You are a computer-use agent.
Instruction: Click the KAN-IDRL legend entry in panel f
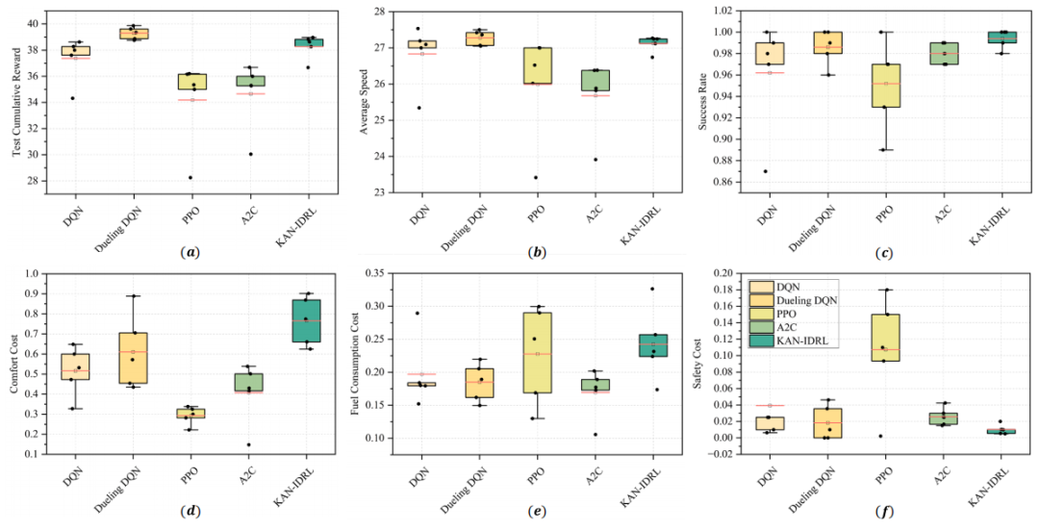793,341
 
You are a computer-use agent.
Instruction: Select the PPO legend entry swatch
761,314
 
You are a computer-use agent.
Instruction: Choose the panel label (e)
537,511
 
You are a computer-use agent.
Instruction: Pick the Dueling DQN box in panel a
133,34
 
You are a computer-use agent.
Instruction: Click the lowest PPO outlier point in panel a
190,178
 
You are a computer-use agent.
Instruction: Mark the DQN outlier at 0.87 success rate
766,171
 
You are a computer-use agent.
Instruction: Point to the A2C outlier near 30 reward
249,154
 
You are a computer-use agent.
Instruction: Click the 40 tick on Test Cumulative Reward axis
38,24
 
